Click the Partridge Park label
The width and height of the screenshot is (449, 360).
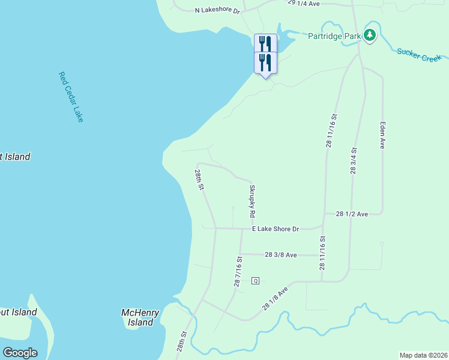click(x=334, y=36)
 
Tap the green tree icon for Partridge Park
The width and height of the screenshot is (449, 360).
click(x=370, y=35)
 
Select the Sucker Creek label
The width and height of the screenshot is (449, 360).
click(x=419, y=55)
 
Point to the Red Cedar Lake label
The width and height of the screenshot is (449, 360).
click(x=71, y=97)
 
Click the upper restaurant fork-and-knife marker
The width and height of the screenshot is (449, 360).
click(x=265, y=43)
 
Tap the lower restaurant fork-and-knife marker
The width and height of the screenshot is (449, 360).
click(x=265, y=62)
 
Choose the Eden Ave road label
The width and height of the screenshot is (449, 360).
click(x=382, y=135)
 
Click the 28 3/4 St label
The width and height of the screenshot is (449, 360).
click(x=354, y=161)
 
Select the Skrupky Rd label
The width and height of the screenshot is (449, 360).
click(x=253, y=201)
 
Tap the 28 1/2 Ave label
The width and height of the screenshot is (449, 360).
click(x=352, y=214)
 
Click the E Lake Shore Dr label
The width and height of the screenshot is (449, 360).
click(x=275, y=229)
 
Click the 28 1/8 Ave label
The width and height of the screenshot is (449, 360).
click(x=275, y=298)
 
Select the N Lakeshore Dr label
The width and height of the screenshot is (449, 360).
click(x=217, y=10)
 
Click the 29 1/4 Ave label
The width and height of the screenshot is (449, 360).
click(x=304, y=3)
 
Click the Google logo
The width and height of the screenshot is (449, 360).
click(x=20, y=353)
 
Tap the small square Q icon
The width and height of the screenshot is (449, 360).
click(x=255, y=280)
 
